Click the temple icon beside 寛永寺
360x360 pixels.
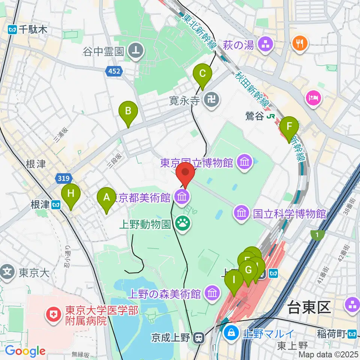[211, 100]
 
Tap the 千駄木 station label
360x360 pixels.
[28, 29]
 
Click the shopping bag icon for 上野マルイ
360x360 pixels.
[232, 332]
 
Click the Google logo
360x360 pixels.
[25, 351]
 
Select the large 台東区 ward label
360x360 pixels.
[309, 308]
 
